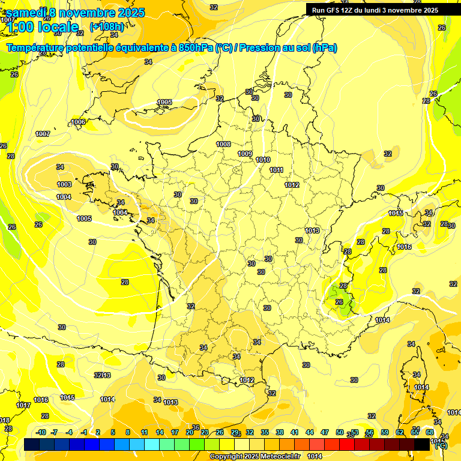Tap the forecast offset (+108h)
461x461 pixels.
[x=106, y=26]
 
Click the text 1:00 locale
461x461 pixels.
[x=43, y=27]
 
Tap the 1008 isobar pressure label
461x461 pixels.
[x=223, y=144]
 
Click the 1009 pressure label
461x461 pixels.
[x=245, y=154]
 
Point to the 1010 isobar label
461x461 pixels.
[x=263, y=160]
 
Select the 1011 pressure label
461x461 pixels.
[x=276, y=170]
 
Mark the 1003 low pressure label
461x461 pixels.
[x=64, y=184]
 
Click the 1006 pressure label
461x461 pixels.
[x=78, y=122]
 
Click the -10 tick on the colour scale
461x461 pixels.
[x=41, y=432]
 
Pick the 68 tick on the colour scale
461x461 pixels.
[x=430, y=432]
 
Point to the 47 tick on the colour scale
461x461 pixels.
[x=325, y=432]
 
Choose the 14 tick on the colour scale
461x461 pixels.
[x=160, y=432]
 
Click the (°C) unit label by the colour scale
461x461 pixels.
[x=440, y=445]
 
